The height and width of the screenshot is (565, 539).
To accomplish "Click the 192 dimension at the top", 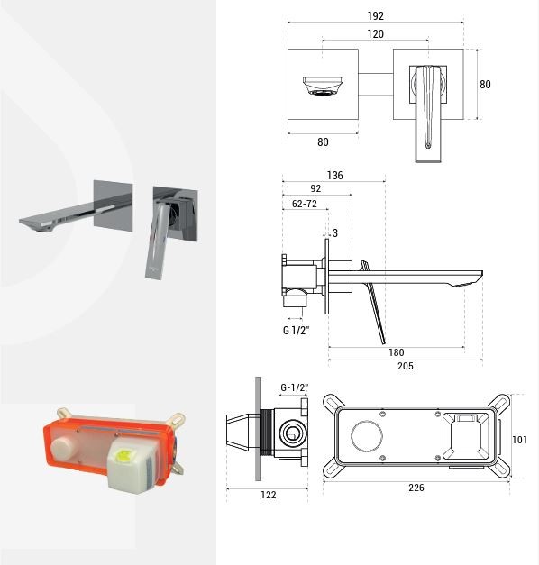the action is (x=375, y=16).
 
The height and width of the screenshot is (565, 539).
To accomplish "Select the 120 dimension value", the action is (x=375, y=34).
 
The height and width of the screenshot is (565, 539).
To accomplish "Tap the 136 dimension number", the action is (x=334, y=176).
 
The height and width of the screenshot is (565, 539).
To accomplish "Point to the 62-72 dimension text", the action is (x=305, y=204).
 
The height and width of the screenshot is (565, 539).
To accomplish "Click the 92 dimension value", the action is (x=315, y=188).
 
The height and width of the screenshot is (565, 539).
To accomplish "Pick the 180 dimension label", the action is (x=397, y=352).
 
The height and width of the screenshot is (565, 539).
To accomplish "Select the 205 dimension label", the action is (x=406, y=366).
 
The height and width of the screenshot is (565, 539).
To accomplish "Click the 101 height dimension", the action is (x=519, y=440).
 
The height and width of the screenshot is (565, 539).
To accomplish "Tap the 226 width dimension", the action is (x=416, y=488).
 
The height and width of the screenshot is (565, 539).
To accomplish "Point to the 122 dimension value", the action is (x=269, y=495).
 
